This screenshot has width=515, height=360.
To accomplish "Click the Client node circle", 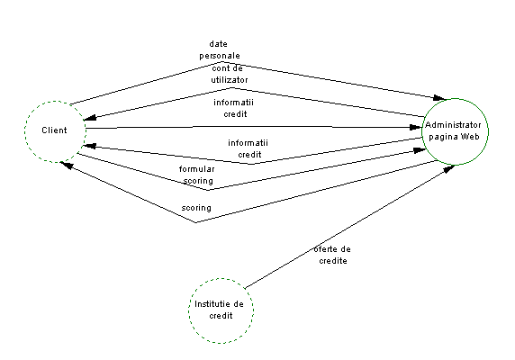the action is pyautogui.click(x=24, y=131).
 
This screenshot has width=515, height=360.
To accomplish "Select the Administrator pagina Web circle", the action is pyautogui.click(x=421, y=131).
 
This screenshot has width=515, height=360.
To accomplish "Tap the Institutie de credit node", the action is pyautogui.click(x=188, y=310).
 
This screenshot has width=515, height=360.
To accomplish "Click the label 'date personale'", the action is pyautogui.click(x=220, y=49).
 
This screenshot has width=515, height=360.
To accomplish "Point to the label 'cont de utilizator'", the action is pyautogui.click(x=230, y=74).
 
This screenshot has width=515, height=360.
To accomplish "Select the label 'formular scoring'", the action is pyautogui.click(x=197, y=175).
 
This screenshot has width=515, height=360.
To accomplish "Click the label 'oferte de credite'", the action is pyautogui.click(x=332, y=255).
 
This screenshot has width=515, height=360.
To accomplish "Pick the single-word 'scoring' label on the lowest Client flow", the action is pyautogui.click(x=196, y=208).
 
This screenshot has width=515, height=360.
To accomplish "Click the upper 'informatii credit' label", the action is pyautogui.click(x=233, y=108).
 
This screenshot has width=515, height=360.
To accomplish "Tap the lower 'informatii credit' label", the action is pyautogui.click(x=248, y=148).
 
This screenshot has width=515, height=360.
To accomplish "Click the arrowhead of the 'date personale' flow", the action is pyautogui.click(x=440, y=97).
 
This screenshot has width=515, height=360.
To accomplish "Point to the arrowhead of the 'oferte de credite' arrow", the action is pyautogui.click(x=449, y=168).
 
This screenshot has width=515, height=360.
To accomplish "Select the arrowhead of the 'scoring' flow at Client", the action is pyautogui.click(x=67, y=165).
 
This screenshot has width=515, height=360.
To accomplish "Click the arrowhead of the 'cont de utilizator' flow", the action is pyautogui.click(x=90, y=118).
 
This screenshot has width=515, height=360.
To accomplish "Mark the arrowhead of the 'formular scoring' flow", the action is pyautogui.click(x=420, y=150).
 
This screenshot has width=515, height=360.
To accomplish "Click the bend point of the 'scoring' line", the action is pyautogui.click(x=196, y=222).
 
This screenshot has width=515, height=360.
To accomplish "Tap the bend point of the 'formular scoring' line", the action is pyautogui.click(x=208, y=190).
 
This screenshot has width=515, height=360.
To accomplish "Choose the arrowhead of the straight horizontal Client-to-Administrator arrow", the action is pyautogui.click(x=416, y=127).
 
